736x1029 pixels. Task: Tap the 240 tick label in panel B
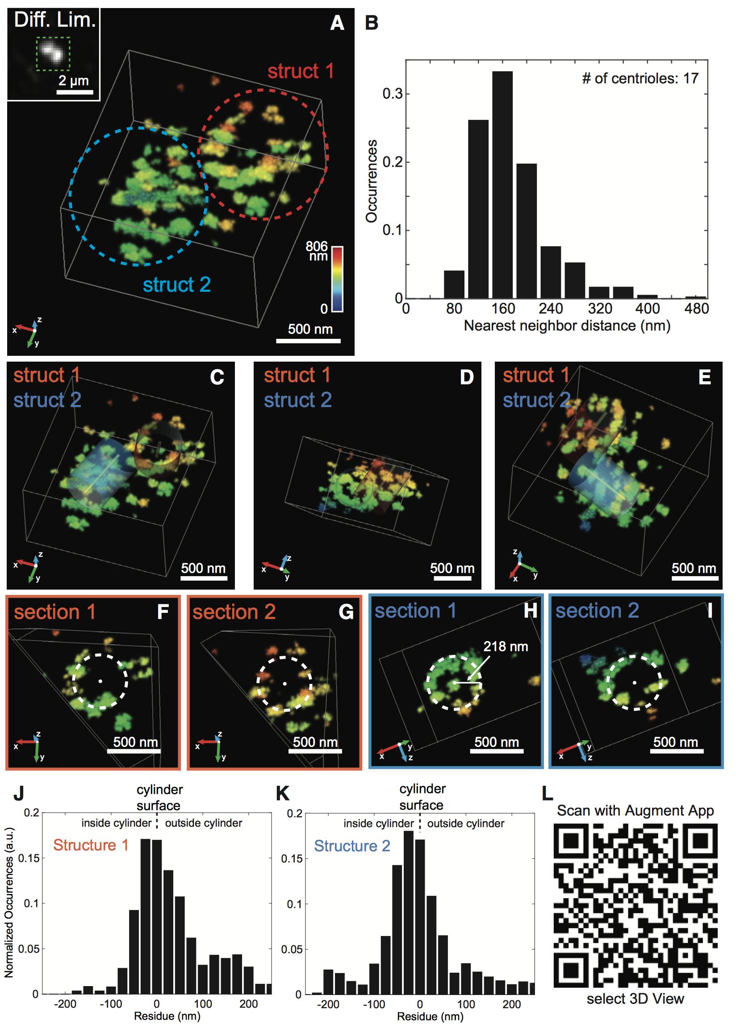point(551,309)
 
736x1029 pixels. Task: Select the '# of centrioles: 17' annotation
point(640,79)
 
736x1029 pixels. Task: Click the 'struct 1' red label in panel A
point(301,71)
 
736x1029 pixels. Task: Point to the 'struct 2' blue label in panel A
point(177,285)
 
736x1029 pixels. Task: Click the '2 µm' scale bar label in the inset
point(73,81)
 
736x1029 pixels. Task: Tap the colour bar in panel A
point(337,279)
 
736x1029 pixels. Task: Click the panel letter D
point(466,377)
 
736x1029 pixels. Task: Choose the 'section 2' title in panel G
point(234,612)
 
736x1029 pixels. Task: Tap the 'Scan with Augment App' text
point(635,810)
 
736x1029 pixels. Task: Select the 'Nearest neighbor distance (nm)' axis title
point(566,325)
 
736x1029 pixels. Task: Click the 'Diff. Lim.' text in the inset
point(54,21)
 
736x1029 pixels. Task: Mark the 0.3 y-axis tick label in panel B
point(393,94)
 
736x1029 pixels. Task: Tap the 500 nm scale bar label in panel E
point(694,568)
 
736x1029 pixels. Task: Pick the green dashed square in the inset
point(53,54)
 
